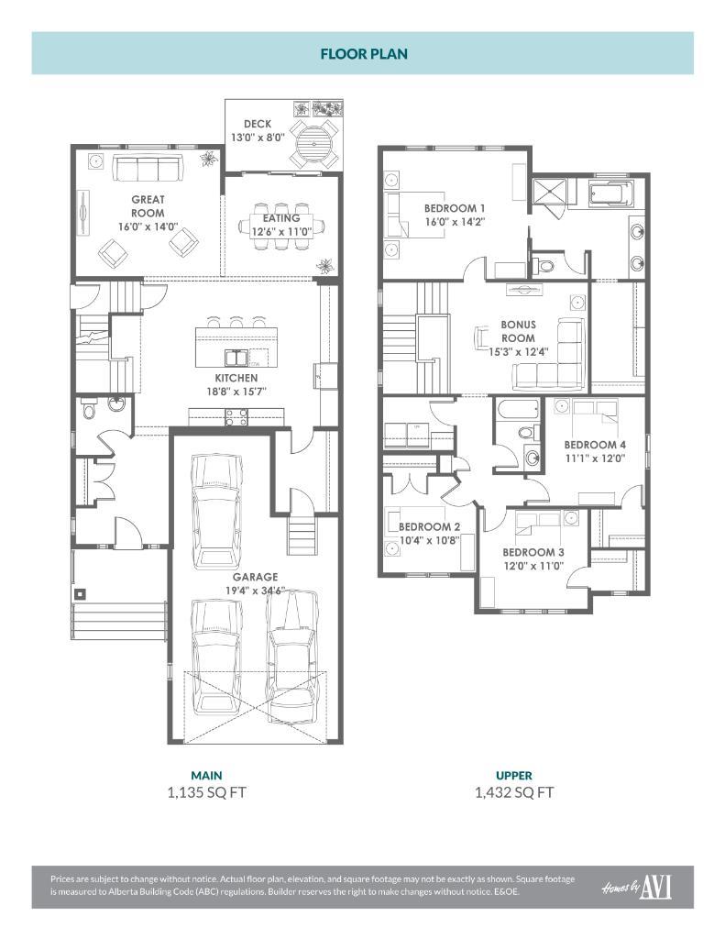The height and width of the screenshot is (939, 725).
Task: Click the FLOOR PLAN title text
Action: click(363, 53)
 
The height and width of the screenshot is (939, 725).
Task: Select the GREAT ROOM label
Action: click(148, 205)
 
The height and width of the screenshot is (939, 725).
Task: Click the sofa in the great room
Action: click(148, 169)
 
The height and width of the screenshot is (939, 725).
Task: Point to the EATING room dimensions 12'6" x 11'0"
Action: click(282, 232)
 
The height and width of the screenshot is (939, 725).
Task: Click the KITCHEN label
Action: click(236, 378)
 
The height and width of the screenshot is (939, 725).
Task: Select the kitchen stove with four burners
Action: click(236, 417)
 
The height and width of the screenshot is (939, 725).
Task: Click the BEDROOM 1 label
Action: click(455, 208)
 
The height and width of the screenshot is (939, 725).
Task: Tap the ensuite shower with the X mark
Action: click(550, 192)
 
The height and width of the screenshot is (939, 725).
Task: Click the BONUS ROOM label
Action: click(519, 331)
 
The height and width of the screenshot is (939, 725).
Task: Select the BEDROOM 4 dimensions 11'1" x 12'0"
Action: click(594, 459)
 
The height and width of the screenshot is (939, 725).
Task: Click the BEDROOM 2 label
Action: click(429, 527)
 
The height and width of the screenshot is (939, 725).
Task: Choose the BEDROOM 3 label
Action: click(533, 553)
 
